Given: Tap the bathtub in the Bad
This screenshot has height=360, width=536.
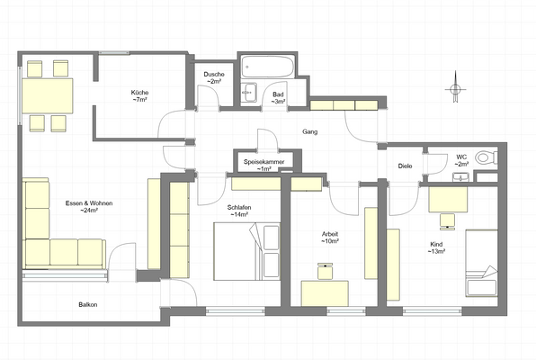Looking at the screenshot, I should (268, 67).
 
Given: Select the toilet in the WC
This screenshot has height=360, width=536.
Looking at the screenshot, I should (486, 157).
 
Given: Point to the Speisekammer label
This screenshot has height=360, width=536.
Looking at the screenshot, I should (263, 162).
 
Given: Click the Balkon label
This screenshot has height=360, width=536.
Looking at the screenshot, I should (87, 304).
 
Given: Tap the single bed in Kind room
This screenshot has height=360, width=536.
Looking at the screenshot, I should (481, 262).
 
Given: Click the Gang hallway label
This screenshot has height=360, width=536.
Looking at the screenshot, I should (310, 132).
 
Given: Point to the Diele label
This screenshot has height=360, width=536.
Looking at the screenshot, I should (405, 166).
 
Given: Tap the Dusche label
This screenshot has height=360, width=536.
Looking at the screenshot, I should (214, 74).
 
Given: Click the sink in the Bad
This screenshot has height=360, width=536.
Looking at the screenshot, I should (249, 94).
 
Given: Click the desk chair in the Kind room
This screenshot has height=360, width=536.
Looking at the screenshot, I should (447, 217).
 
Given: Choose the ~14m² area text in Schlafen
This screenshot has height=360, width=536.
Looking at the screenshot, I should (239, 215).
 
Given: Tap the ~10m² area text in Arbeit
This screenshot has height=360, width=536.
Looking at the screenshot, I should (330, 241).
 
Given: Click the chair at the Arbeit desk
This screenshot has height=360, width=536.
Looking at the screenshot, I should (326, 270).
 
